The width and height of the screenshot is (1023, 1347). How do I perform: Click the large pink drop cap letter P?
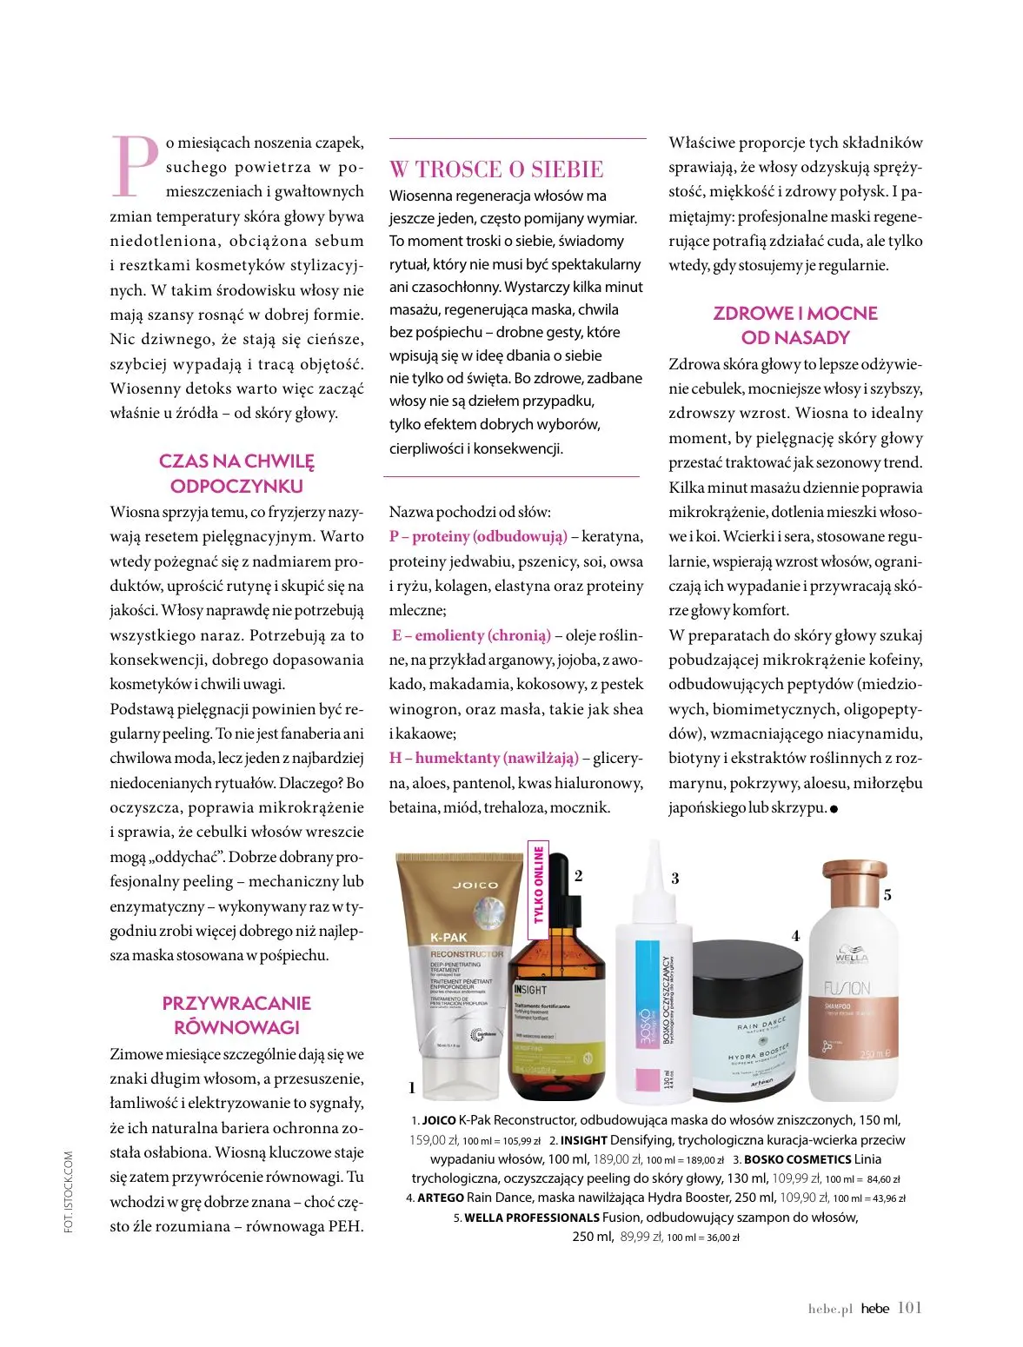point(136,165)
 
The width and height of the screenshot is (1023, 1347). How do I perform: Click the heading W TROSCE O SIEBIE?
point(496,169)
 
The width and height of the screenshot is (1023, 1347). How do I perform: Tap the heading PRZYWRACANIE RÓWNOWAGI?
point(236,1015)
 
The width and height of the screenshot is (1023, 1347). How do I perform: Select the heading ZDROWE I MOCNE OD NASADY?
point(795,325)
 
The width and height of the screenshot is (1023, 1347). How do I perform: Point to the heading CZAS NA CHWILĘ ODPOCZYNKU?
point(236,474)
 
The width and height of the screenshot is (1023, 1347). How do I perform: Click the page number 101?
point(909,1307)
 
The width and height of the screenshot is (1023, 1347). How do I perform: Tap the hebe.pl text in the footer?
point(830,1309)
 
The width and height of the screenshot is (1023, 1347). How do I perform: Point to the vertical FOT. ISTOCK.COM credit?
point(69,1191)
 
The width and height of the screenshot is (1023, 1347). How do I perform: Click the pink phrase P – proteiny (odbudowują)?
point(478,536)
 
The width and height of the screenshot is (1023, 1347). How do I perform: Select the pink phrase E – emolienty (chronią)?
point(472,635)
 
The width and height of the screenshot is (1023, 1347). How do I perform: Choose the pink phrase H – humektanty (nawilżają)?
point(484,758)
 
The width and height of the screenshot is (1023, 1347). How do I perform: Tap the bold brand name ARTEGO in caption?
point(441,1198)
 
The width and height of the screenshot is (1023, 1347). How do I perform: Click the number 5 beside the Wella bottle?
point(887,894)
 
